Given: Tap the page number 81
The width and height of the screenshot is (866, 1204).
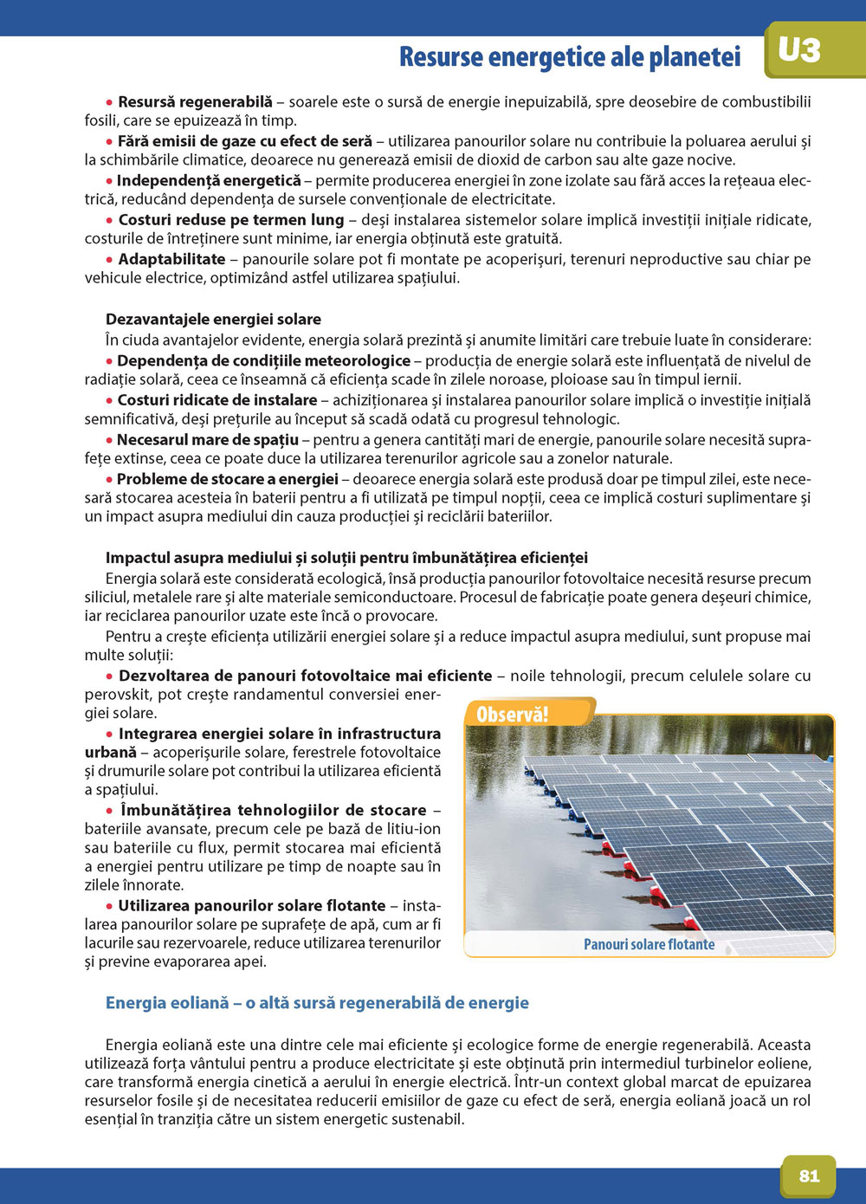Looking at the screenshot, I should click(x=809, y=1175).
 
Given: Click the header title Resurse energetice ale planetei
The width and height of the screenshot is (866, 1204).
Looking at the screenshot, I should click(x=570, y=57).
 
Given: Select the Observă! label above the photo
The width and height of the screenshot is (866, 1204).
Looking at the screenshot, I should click(x=513, y=715).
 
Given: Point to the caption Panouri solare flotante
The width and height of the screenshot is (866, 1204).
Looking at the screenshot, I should click(x=649, y=944).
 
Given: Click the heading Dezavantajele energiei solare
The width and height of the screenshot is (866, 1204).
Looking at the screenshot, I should click(x=213, y=319).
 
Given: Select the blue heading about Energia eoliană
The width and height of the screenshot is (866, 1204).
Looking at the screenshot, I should click(x=317, y=1002).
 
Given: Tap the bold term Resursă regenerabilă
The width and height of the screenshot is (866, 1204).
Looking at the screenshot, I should click(x=195, y=102).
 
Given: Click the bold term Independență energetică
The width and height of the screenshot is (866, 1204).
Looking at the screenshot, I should click(x=209, y=180).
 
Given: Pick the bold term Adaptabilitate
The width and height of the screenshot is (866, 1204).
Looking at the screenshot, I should click(x=171, y=259).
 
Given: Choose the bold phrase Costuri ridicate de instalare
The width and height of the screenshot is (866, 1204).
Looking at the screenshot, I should click(x=216, y=400).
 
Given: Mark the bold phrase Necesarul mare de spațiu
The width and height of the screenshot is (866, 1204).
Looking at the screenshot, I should click(x=207, y=439).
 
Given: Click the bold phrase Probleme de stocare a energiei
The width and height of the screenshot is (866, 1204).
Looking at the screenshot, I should click(x=227, y=479).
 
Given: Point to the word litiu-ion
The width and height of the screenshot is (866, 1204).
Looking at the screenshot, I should click(x=410, y=828).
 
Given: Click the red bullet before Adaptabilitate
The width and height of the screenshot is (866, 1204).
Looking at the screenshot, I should click(x=110, y=260).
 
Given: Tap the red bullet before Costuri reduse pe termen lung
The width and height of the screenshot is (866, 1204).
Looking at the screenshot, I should click(x=110, y=221).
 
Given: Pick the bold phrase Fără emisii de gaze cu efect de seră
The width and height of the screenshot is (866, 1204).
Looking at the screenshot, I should click(x=244, y=141).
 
